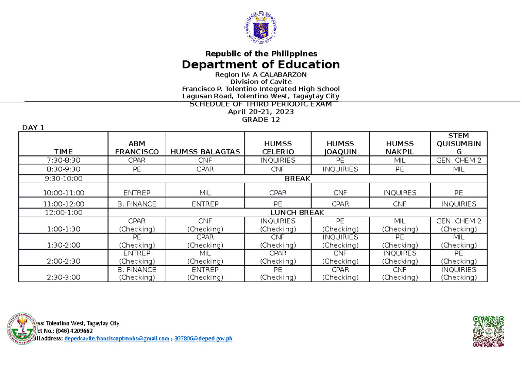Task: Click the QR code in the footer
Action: coord(489,332)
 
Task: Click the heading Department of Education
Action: coord(261,65)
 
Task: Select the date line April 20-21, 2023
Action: coord(261,112)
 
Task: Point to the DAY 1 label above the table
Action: coord(33,127)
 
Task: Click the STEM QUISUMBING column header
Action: coord(458,144)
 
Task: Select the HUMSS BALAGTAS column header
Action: coord(205,151)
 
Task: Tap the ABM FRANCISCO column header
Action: coord(137,148)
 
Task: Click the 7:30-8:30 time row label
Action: coord(64,161)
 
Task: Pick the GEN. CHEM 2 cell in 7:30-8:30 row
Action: coord(458,161)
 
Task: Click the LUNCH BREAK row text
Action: coord(297,212)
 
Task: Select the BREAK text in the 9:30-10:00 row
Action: coord(297,179)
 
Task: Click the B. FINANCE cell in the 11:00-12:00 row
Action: coord(137,204)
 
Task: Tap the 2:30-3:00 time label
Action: coord(64,277)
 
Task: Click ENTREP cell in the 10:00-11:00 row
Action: coord(137,193)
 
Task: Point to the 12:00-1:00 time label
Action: coord(64,212)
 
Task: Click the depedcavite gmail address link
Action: coord(117,339)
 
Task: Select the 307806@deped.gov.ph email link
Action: coord(203,339)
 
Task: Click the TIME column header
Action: coord(64,151)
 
